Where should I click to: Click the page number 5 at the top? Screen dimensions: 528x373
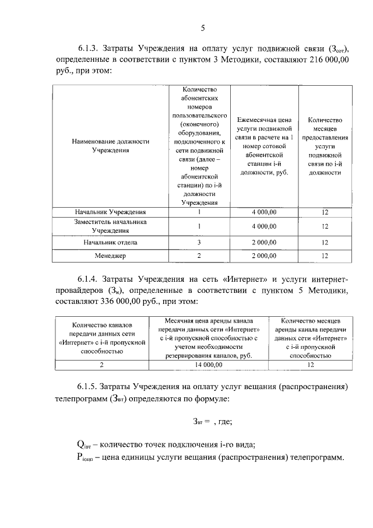(203, 27)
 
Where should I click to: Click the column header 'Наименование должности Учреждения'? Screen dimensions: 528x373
(110, 145)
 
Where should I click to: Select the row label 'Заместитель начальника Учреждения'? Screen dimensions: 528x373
(110, 226)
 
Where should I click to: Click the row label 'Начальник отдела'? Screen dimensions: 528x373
(110, 242)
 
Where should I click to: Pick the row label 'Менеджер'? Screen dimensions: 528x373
(110, 256)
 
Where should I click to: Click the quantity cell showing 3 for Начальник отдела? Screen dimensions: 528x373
(199, 242)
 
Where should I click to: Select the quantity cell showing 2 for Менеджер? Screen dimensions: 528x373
(199, 256)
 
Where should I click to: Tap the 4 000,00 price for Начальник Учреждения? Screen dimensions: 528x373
(264, 212)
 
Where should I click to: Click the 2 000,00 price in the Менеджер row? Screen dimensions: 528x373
(264, 256)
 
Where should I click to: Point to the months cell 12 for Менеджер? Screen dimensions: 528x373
(325, 256)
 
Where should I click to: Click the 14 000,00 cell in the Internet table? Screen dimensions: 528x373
(209, 364)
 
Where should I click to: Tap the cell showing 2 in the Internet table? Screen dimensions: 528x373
(102, 364)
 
